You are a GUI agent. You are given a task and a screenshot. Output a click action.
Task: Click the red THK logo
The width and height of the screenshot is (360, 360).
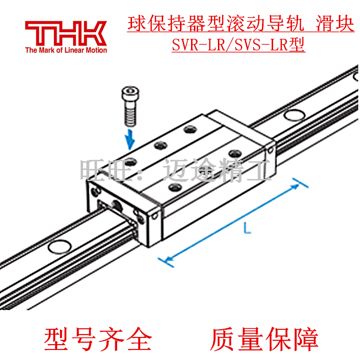point(66,33)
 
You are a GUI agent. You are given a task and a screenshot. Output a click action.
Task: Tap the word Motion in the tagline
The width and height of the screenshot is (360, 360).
point(96,50)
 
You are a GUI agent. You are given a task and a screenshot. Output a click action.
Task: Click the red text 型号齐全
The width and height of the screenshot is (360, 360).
point(98,339)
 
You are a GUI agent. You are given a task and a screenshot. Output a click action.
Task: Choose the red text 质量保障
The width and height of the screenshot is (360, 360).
point(264,339)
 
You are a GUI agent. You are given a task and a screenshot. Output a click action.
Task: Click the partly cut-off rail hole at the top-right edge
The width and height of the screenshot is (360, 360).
point(355,76)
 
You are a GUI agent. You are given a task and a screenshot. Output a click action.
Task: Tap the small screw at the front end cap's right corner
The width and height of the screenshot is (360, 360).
point(155,217)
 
